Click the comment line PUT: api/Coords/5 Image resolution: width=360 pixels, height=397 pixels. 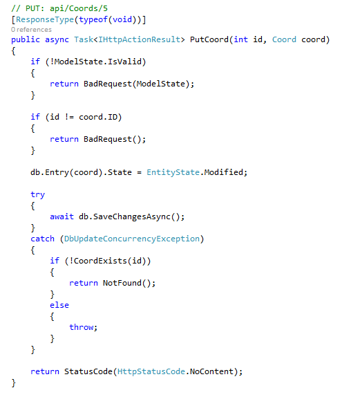pyautogui.click(x=59, y=8)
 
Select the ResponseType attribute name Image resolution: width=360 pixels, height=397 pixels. pyautogui.click(x=45, y=19)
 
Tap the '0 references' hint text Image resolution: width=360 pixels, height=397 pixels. pyautogui.click(x=31, y=30)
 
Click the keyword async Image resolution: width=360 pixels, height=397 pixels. pyautogui.click(x=57, y=39)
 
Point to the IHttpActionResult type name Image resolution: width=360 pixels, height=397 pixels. pyautogui.click(x=139, y=39)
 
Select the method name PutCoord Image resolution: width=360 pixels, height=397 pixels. pyautogui.click(x=209, y=39)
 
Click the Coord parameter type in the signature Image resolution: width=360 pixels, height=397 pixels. pyautogui.click(x=284, y=39)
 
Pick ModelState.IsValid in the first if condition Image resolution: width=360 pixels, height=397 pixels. pyautogui.click(x=97, y=62)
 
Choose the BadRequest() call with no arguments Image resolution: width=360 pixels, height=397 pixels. pyautogui.click(x=113, y=139)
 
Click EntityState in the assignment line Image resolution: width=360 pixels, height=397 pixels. pyautogui.click(x=173, y=172)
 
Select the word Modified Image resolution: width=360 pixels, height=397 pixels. pyautogui.click(x=224, y=172)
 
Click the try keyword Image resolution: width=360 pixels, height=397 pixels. pyautogui.click(x=37, y=195)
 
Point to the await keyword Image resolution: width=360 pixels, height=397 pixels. pyautogui.click(x=61, y=216)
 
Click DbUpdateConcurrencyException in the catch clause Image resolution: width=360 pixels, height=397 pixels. pyautogui.click(x=132, y=239)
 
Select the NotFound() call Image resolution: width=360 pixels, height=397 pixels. pyautogui.click(x=126, y=283)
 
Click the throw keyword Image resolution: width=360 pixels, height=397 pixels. pyautogui.click(x=82, y=327)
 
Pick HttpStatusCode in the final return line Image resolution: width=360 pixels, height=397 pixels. pyautogui.click(x=151, y=371)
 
